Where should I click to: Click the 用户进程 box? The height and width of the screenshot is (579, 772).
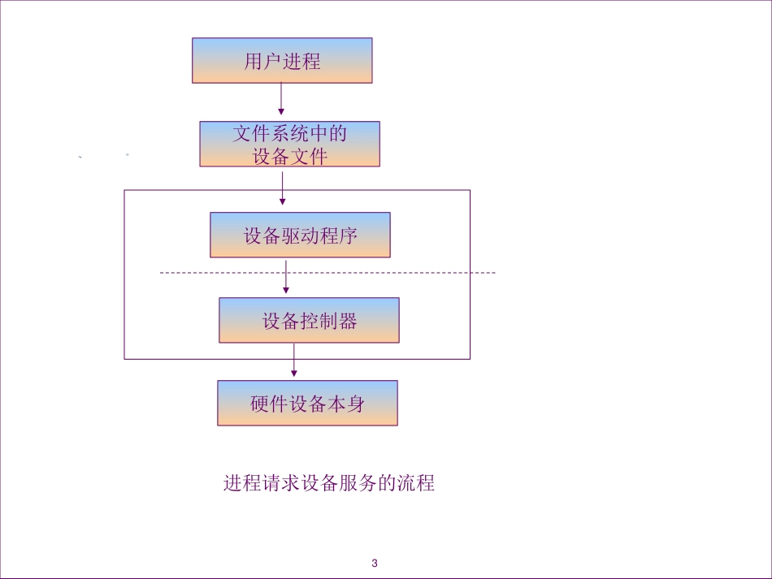pyautogui.click(x=282, y=61)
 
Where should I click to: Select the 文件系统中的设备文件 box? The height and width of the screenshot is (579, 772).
pyautogui.click(x=290, y=145)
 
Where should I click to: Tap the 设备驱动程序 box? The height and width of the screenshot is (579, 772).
pyautogui.click(x=300, y=235)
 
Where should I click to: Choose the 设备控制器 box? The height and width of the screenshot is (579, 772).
pyautogui.click(x=309, y=320)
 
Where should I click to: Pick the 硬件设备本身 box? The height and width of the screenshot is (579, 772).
pyautogui.click(x=307, y=404)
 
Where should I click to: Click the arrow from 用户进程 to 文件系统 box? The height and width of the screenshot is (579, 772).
pyautogui.click(x=281, y=99)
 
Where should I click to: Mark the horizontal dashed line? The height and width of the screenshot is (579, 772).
pyautogui.click(x=406, y=273)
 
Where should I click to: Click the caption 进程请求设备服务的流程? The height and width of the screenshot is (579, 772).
pyautogui.click(x=329, y=483)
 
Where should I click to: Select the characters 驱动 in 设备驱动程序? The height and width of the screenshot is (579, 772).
pyautogui.click(x=301, y=235)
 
